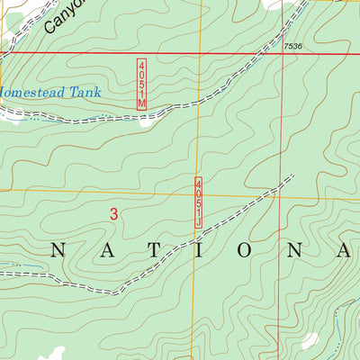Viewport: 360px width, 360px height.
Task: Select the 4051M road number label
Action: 141,85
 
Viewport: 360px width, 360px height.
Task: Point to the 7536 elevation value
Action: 292,45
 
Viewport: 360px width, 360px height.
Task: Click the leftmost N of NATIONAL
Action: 53,251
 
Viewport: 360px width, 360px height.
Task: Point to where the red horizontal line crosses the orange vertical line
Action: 201,53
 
